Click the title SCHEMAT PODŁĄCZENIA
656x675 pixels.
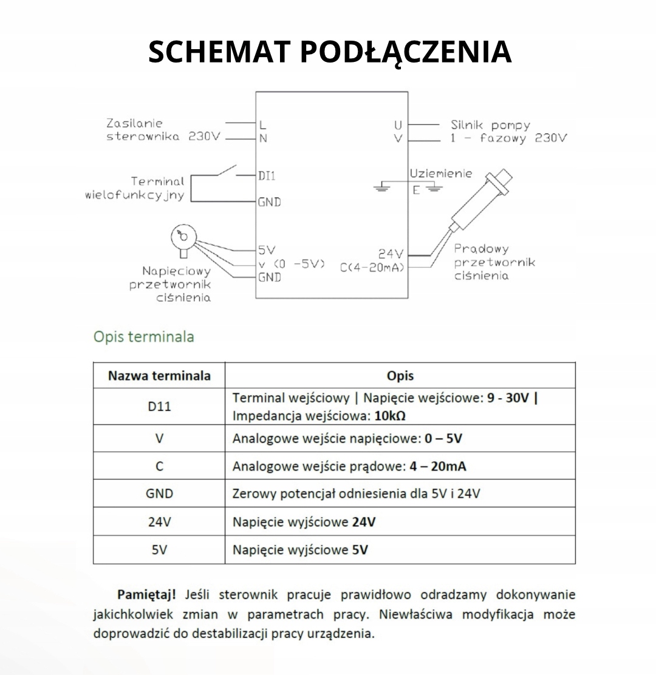click(x=330, y=52)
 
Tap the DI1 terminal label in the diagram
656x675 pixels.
click(x=267, y=176)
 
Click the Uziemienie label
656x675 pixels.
click(x=440, y=174)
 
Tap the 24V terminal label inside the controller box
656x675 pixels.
click(x=391, y=253)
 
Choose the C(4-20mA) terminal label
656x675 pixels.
click(x=372, y=267)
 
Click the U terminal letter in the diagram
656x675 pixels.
click(x=398, y=125)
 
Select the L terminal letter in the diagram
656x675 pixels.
click(x=262, y=125)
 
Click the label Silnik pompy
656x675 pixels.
click(x=490, y=125)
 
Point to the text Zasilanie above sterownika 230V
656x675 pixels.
click(x=135, y=123)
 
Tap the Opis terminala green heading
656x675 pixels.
click(x=144, y=336)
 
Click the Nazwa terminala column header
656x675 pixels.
click(x=159, y=376)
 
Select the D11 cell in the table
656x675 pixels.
click(x=159, y=406)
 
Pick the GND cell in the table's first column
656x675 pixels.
click(x=159, y=494)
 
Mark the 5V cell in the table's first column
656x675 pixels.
click(x=159, y=550)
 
